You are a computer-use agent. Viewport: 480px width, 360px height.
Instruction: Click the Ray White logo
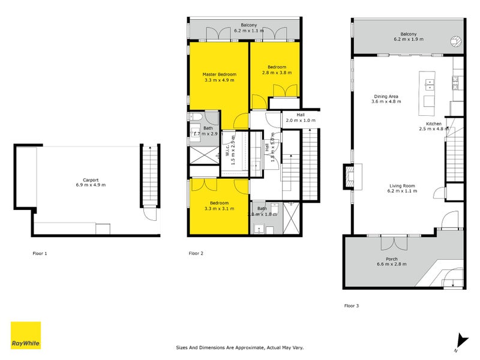(26, 335)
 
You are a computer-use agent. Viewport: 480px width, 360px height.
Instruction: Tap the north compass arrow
(460, 341)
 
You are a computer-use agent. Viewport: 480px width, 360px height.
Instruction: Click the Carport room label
(91, 180)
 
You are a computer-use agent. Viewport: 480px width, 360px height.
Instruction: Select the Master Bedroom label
(219, 74)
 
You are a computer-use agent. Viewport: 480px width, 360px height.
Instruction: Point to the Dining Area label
(386, 96)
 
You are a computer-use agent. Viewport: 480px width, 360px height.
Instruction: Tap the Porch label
(391, 259)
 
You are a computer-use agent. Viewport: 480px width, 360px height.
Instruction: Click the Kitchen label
(434, 124)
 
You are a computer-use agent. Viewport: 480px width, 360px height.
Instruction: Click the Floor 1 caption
(40, 254)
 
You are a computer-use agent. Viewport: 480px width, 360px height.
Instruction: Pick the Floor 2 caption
(196, 254)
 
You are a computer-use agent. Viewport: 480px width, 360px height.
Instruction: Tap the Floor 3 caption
(352, 306)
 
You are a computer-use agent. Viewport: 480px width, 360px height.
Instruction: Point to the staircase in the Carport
(148, 177)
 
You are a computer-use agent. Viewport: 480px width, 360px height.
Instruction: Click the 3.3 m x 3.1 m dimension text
(219, 209)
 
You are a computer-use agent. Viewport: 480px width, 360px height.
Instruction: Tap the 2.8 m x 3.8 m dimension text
(277, 73)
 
